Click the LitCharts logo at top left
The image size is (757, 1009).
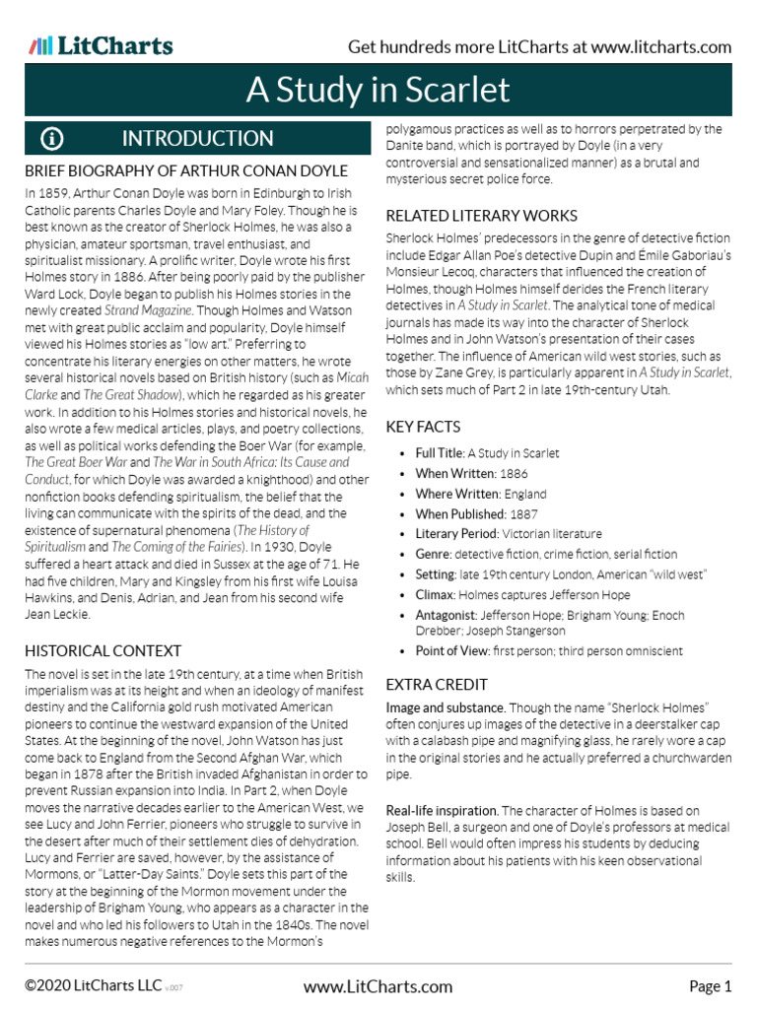point(101,45)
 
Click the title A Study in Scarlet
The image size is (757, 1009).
point(378,91)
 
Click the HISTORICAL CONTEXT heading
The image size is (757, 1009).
point(103,650)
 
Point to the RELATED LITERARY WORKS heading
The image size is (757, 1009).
point(481,215)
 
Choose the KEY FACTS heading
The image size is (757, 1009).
point(423,427)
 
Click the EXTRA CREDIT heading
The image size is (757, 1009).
point(437,684)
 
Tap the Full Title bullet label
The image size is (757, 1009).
point(440,453)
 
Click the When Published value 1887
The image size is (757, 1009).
point(524,514)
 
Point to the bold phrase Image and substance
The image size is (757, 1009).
point(446,709)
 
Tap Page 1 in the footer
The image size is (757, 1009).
point(710,986)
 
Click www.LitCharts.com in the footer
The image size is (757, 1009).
point(378,986)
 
